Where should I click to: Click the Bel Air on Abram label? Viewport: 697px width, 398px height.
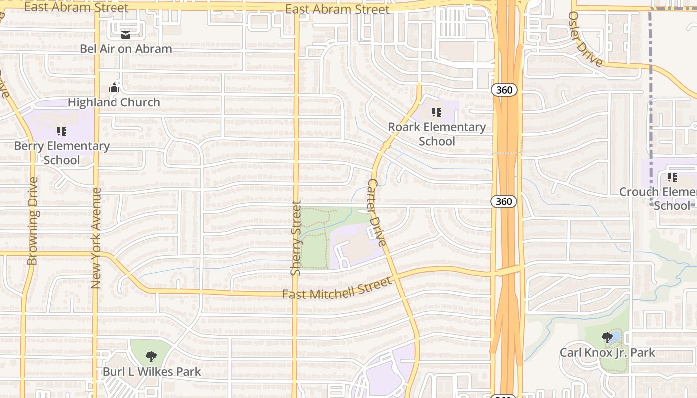(126, 49)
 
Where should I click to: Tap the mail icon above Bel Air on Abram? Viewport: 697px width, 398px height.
(126, 35)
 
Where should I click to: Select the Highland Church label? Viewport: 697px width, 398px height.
(114, 102)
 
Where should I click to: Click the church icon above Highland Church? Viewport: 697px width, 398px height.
(114, 89)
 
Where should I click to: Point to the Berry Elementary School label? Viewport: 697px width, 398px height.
(62, 153)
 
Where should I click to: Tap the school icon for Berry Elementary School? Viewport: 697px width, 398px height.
(62, 131)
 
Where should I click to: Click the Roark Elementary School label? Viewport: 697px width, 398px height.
(437, 134)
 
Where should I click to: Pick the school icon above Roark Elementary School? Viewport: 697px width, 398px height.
(437, 112)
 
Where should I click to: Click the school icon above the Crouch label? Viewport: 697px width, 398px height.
(672, 177)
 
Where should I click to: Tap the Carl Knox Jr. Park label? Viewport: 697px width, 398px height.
(607, 353)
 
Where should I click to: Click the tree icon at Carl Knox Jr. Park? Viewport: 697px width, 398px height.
(607, 338)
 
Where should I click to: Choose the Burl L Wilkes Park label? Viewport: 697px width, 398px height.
(152, 372)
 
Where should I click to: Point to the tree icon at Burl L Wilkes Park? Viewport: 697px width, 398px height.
(151, 357)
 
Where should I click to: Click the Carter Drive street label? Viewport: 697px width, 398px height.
(376, 213)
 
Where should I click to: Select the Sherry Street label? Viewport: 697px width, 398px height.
(296, 238)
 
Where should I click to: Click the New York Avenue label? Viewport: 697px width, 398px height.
(96, 238)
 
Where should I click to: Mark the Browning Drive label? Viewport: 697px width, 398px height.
(33, 221)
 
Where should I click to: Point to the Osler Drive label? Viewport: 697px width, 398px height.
(585, 38)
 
